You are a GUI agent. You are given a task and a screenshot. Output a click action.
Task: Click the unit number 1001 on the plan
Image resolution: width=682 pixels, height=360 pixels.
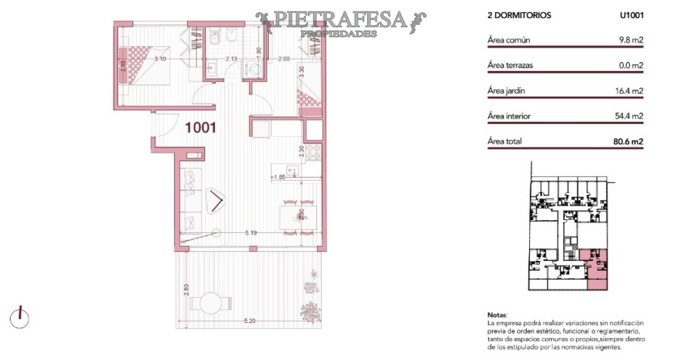click(x=201, y=128)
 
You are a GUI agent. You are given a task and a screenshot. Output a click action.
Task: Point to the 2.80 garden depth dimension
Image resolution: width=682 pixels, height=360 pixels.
click(x=185, y=289)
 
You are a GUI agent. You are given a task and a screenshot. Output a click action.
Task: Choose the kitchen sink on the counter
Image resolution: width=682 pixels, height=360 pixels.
click(x=290, y=169)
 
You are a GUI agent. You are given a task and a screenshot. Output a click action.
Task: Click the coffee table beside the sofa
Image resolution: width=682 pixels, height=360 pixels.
click(x=217, y=201)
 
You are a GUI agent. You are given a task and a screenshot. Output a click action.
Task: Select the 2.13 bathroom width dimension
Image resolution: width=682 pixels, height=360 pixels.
click(x=231, y=59)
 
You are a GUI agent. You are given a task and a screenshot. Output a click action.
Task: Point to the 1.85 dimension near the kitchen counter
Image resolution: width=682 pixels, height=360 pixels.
click(x=278, y=177)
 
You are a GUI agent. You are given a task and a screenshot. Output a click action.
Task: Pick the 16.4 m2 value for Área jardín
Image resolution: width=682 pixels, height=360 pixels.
click(x=630, y=90)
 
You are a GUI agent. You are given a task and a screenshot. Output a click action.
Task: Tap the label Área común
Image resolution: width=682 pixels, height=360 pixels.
click(x=509, y=40)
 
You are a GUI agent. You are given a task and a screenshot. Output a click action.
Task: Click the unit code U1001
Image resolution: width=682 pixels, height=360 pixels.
click(x=631, y=16)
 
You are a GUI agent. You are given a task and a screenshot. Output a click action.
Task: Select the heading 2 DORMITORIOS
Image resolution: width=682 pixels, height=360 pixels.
click(x=519, y=16)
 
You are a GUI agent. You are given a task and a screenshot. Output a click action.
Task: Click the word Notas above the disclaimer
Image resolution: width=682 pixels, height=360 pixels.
click(x=496, y=315)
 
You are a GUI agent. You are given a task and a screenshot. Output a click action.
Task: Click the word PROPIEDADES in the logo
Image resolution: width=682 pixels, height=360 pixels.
click(x=338, y=34)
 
